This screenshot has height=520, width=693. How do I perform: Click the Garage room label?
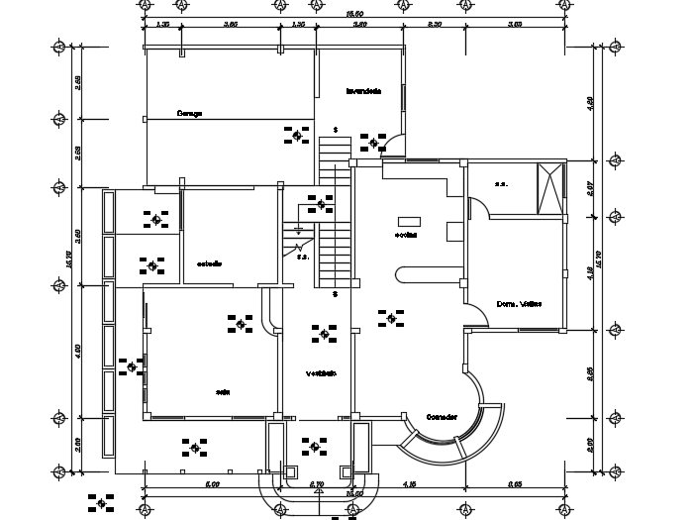tap(190, 113)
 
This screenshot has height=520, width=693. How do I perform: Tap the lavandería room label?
tap(363, 91)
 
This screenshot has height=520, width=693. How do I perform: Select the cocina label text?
tap(406, 236)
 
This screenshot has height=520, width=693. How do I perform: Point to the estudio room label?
tap(209, 263)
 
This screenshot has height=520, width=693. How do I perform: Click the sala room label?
tap(223, 392)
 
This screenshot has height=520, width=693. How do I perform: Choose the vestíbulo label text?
tap(321, 373)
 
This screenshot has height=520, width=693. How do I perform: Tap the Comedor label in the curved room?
tap(441, 417)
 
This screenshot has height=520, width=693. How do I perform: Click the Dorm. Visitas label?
tap(517, 303)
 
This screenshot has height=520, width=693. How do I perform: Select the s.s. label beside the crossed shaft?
tap(501, 183)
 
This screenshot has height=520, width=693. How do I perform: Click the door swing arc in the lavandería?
tap(395, 145)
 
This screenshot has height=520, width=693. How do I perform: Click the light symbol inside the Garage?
tap(293, 135)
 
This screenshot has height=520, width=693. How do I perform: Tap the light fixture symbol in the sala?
tap(239, 323)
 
